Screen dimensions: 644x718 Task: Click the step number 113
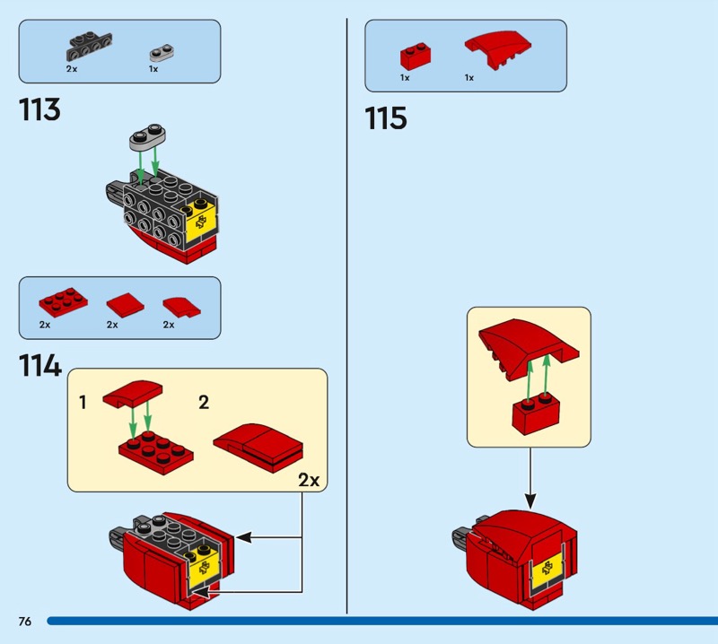coord(39,110)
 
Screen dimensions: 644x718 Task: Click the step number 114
coord(39,366)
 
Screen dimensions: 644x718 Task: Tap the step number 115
coord(386,118)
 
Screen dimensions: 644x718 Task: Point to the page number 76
coord(24,622)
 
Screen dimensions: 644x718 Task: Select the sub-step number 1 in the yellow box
coord(83,403)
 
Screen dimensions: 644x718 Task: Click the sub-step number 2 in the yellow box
coord(204,403)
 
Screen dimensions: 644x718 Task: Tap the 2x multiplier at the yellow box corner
coord(308,480)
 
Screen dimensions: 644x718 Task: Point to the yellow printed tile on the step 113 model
coord(201,221)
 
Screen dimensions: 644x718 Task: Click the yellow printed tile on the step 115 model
coord(546,570)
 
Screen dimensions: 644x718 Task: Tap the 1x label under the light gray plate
coord(153,68)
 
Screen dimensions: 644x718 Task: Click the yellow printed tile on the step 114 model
coord(204,565)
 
